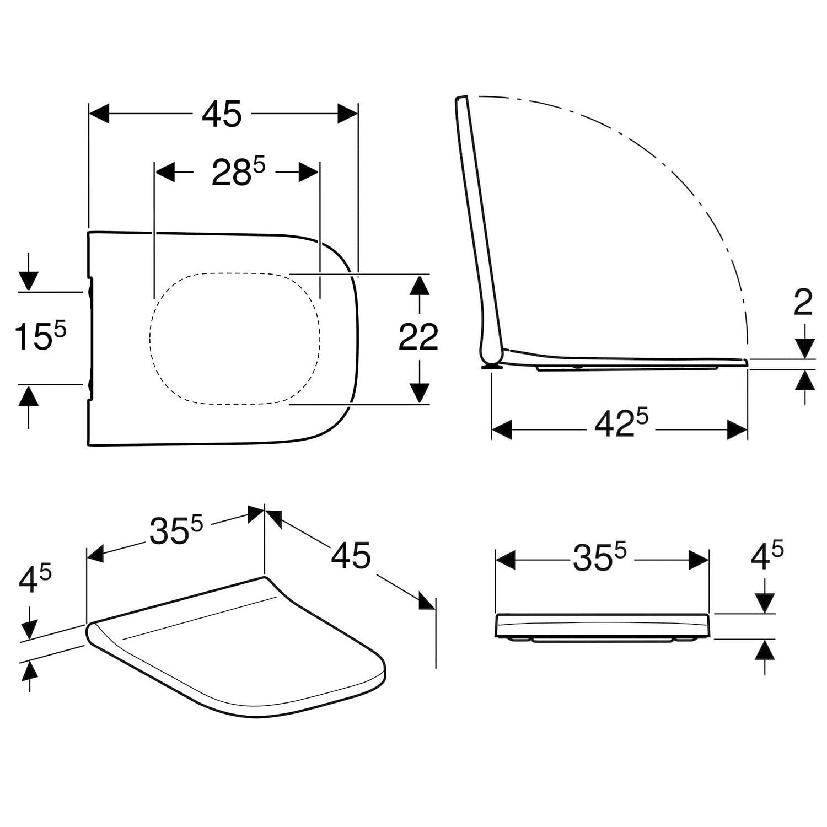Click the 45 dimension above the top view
[222, 115]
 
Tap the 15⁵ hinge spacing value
[40, 336]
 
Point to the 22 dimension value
[418, 337]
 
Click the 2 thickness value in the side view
[803, 303]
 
